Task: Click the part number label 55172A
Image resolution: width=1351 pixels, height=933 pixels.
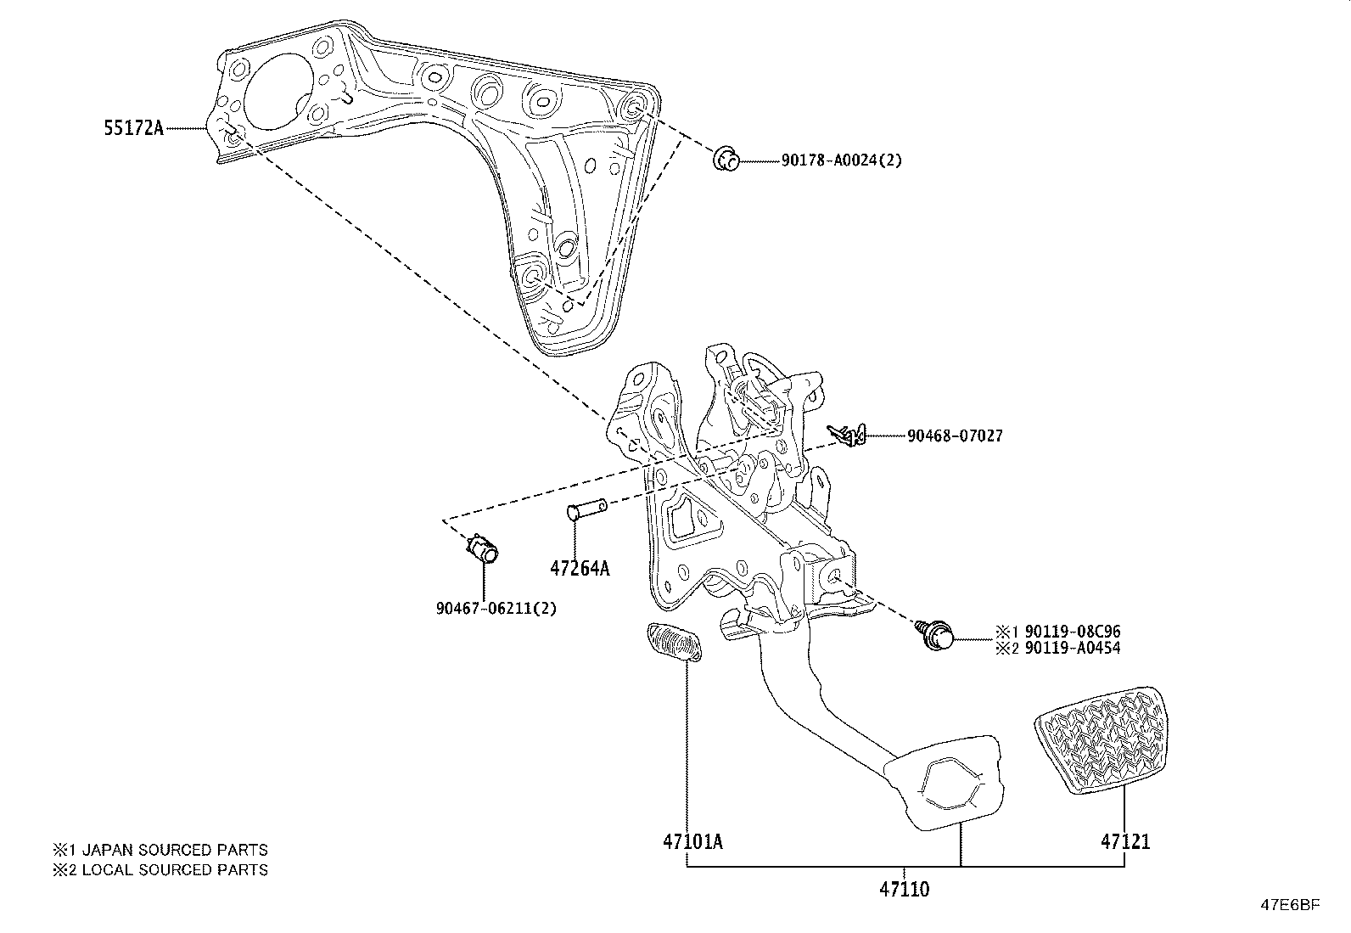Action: point(134,128)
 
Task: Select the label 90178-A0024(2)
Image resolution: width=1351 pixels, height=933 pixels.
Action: point(841,160)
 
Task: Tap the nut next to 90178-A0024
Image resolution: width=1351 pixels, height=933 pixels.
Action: point(726,159)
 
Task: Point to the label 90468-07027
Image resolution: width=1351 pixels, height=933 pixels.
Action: point(955,436)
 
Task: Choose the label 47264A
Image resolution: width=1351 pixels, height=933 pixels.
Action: point(580,568)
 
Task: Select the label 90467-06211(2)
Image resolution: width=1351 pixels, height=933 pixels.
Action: point(496,608)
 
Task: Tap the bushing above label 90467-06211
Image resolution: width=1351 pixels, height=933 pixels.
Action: point(483,548)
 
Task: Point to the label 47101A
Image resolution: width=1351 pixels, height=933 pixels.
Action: point(692,841)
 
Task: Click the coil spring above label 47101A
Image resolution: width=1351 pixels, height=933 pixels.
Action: point(674,642)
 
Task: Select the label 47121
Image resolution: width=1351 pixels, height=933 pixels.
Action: point(1125,841)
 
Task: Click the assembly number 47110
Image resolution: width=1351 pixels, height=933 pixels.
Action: point(904,889)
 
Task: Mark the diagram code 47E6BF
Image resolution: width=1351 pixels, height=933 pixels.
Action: point(1290,905)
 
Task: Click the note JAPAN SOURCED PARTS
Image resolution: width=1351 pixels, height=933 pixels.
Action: point(175,850)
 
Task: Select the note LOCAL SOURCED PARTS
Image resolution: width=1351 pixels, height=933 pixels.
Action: point(175,869)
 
